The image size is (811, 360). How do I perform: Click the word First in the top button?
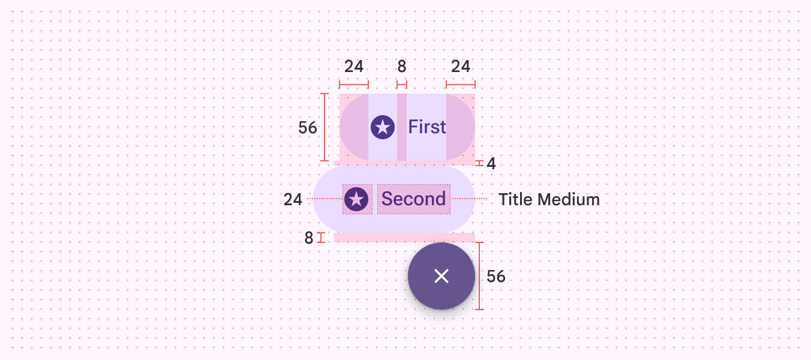(427, 127)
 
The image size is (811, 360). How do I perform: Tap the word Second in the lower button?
(414, 199)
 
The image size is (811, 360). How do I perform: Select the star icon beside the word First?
(383, 127)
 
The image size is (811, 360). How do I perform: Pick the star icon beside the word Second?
(356, 199)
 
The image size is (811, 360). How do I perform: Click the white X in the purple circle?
(441, 276)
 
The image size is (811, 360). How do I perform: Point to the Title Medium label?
(549, 199)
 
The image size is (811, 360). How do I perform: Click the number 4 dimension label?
(491, 163)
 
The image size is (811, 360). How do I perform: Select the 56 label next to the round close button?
(496, 276)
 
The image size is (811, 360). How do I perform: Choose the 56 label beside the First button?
(308, 127)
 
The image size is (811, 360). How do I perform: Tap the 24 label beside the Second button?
(293, 199)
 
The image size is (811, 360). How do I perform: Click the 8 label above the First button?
(402, 66)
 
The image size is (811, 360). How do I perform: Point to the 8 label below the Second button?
(309, 238)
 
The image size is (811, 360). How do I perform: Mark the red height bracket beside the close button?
(479, 276)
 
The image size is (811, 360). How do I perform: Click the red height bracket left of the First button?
(325, 127)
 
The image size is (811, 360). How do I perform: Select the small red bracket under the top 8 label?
(402, 85)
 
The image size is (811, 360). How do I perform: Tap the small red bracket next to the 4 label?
(479, 163)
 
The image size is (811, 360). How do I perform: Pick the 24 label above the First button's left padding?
(354, 66)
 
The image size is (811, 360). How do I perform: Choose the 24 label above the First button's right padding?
(461, 66)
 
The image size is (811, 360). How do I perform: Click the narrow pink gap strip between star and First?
(402, 127)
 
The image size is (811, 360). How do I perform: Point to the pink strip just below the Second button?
(404, 237)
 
